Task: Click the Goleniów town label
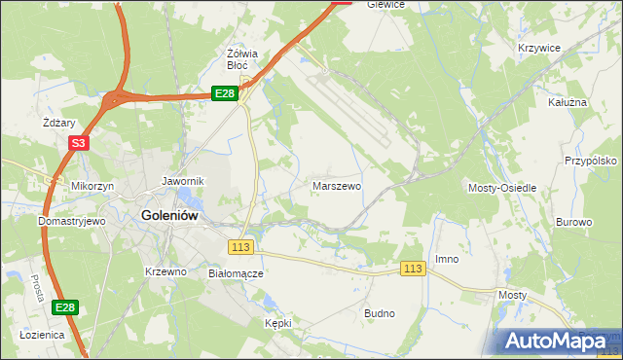tap(170, 216)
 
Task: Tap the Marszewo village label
tap(337, 185)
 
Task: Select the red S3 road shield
tap(79, 143)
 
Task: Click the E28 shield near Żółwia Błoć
tap(225, 92)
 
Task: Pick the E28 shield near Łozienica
tap(64, 307)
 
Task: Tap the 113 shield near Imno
tap(414, 269)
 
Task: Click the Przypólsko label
tap(592, 162)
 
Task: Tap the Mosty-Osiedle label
tap(502, 187)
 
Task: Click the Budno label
tap(379, 313)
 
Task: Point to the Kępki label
tap(277, 322)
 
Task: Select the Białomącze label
tap(236, 273)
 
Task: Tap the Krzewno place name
tap(165, 271)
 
